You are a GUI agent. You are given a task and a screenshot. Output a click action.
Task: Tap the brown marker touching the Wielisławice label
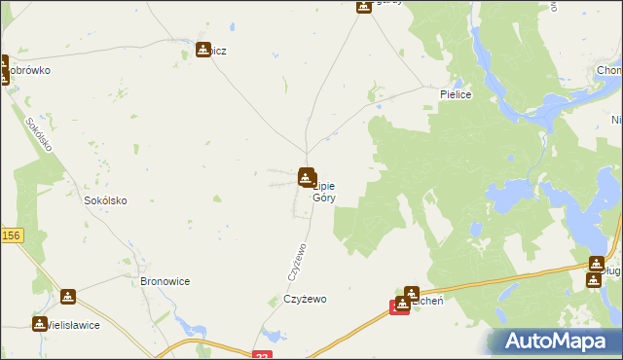click(x=40, y=323)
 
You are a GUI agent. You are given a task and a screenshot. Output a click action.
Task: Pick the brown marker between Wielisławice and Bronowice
click(x=68, y=297)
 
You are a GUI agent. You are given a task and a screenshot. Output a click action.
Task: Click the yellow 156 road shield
click(x=11, y=235)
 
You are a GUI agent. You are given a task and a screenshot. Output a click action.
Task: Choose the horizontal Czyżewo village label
click(x=305, y=299)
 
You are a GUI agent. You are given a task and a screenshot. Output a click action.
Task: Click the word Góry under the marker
click(x=323, y=197)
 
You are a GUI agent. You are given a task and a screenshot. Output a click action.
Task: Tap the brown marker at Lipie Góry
click(x=306, y=177)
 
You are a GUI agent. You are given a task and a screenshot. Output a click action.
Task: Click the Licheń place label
click(x=429, y=303)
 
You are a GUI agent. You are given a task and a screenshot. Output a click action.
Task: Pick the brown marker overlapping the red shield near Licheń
click(x=402, y=304)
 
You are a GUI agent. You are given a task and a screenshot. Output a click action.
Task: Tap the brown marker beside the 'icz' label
click(x=203, y=50)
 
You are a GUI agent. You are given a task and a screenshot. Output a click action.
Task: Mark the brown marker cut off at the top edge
click(x=362, y=5)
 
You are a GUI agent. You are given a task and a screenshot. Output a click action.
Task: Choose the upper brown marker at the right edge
click(x=597, y=264)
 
